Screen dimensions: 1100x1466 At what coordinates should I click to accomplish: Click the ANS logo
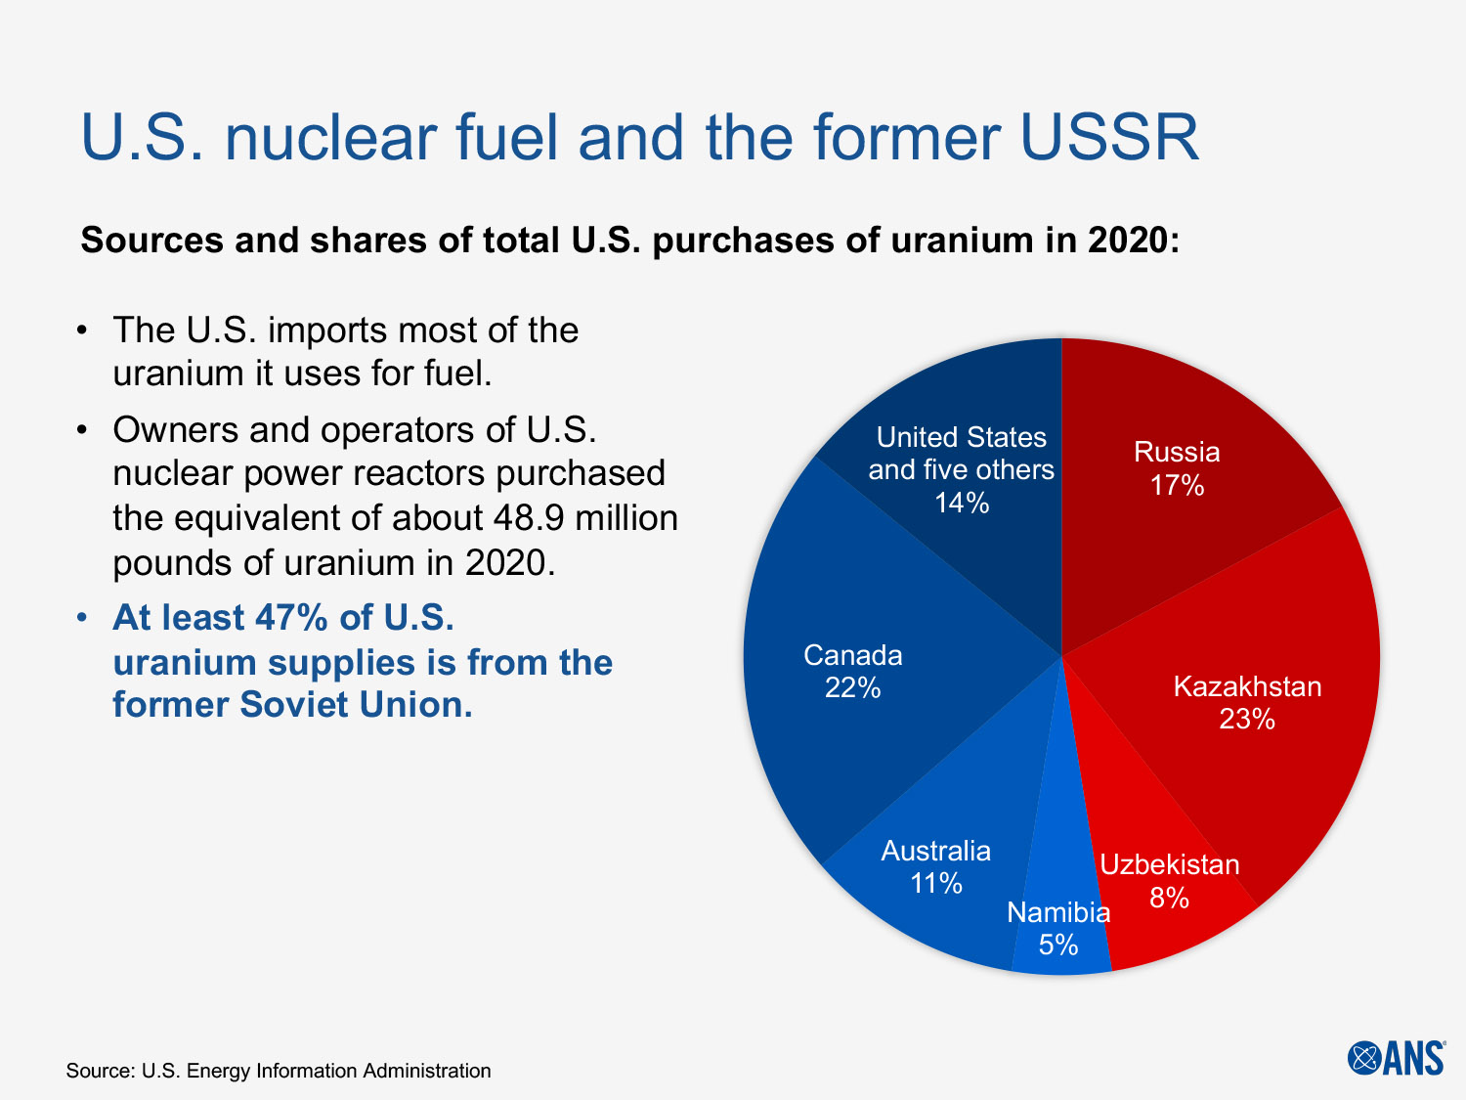point(1396,1057)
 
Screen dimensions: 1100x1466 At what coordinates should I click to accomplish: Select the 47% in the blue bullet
point(290,618)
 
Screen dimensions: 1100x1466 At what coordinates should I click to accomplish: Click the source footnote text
point(279,1071)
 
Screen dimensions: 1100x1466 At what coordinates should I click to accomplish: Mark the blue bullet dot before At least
point(84,618)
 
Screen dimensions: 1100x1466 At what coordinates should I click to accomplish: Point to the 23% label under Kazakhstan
point(1247,720)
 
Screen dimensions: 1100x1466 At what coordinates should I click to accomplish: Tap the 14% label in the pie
point(962,503)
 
